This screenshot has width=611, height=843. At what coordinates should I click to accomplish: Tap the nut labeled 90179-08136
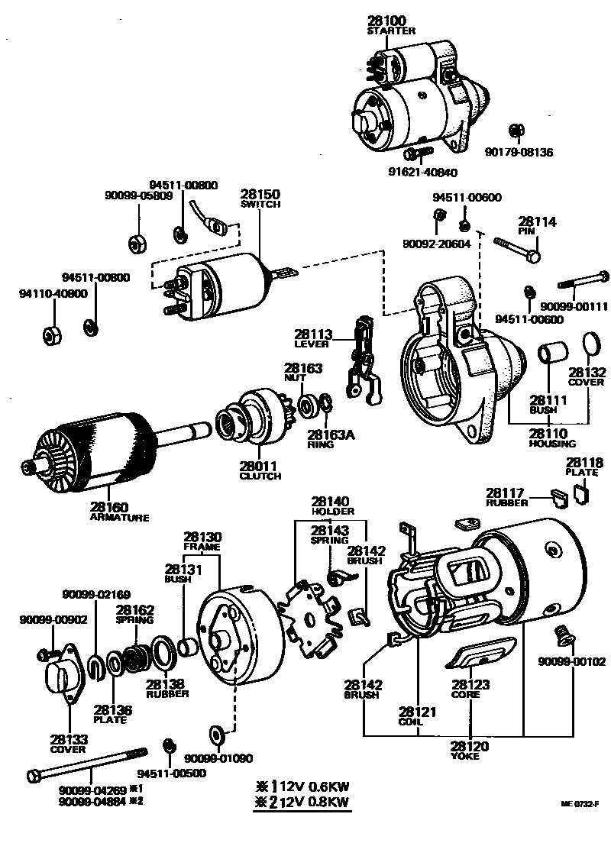click(x=516, y=129)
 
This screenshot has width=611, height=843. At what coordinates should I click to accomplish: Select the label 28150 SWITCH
click(x=260, y=198)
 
